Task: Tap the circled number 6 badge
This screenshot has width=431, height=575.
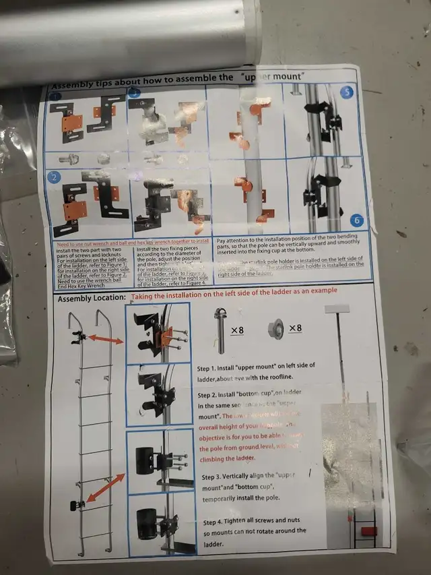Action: (357, 220)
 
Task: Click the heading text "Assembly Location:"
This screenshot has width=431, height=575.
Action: (92, 297)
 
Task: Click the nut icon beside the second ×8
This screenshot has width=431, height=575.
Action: (274, 330)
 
